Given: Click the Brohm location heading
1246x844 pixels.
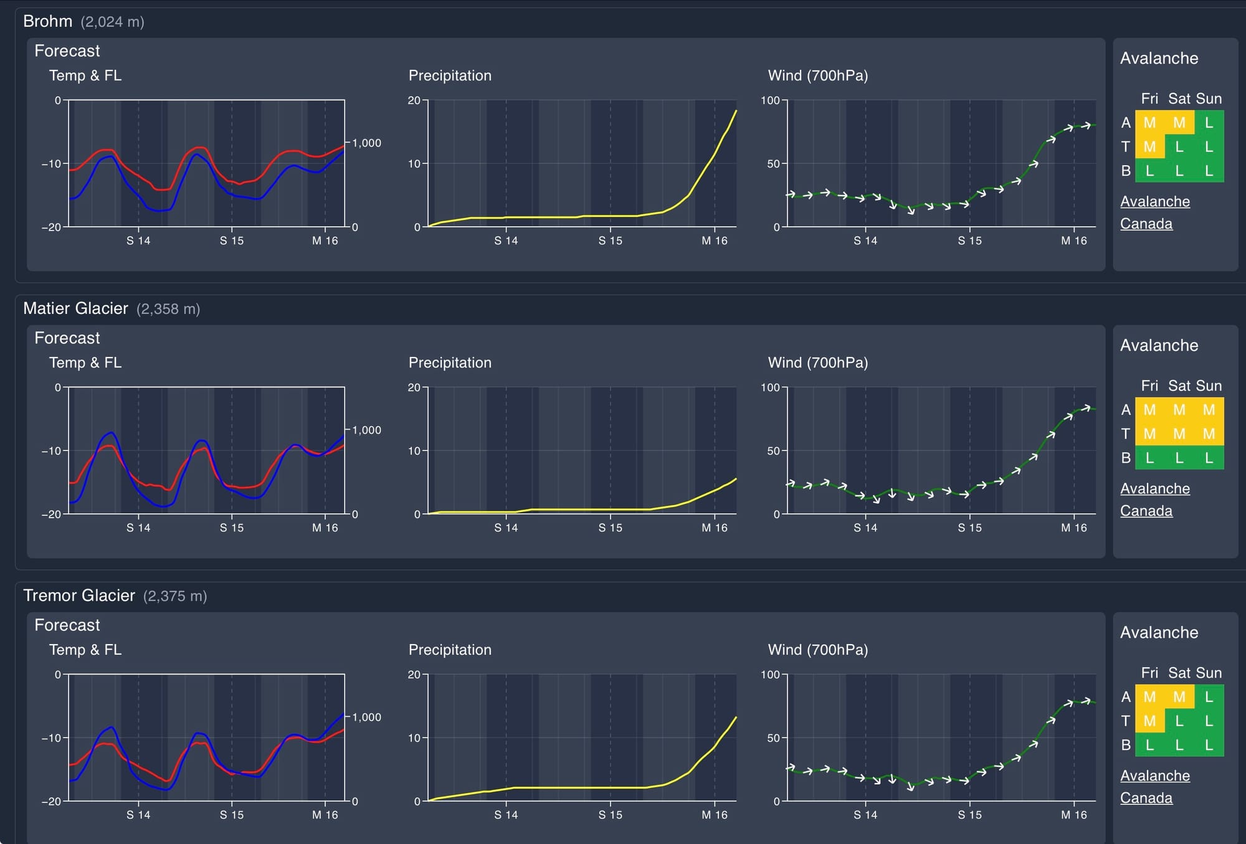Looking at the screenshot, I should [47, 21].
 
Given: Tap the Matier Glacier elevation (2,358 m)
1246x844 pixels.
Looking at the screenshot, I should [168, 309].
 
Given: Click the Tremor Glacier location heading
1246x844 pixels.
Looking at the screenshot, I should [78, 595].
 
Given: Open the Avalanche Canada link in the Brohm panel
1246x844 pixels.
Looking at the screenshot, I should [1154, 212].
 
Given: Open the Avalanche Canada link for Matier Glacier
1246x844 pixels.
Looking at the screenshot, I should [1154, 500].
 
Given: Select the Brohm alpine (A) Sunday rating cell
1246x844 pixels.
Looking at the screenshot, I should [1209, 123].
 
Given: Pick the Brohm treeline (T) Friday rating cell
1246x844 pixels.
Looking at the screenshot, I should [1149, 147].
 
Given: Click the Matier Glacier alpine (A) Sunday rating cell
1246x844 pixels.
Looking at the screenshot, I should [1209, 410].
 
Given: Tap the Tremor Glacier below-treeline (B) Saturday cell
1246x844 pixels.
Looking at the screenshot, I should [1179, 745].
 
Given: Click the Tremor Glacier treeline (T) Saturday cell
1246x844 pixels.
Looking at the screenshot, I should [1179, 721].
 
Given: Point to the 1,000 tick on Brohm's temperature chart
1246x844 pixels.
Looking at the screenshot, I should [366, 143].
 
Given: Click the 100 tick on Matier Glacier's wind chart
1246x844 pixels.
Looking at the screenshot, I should [770, 387].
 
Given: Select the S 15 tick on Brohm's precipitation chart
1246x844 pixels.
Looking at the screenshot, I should [610, 241].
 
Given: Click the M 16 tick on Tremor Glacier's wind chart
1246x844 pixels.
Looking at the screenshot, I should [1073, 815].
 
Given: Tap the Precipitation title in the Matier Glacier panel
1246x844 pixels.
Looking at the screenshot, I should [450, 363].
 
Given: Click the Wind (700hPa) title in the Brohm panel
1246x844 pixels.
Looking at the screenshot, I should [817, 75].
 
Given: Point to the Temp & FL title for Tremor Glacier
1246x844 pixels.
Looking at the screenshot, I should [85, 650].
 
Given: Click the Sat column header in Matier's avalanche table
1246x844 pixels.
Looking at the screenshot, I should [1179, 386].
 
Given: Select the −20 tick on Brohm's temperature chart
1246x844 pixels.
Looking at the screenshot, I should [51, 227].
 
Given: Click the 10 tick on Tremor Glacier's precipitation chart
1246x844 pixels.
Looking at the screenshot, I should [414, 738].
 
